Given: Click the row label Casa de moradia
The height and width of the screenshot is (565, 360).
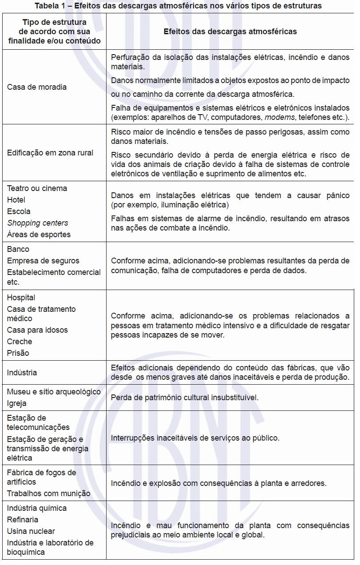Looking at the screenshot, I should (37, 87).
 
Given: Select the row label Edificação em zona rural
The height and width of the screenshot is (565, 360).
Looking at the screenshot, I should (50, 153).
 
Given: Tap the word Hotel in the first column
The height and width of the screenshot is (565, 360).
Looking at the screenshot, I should (16, 200).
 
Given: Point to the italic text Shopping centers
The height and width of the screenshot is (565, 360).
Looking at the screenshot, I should (38, 223).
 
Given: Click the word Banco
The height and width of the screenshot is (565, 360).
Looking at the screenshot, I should (18, 249).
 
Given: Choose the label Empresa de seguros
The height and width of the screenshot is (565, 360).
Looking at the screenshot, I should (43, 261).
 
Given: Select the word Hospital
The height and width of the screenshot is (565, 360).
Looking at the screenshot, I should (21, 298).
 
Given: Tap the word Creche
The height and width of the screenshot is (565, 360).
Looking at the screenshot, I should (20, 342).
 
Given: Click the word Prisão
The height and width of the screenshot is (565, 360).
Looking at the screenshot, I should (18, 353).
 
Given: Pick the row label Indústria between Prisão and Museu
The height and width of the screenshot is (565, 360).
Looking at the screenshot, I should (22, 373).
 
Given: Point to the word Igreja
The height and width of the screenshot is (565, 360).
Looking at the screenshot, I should (17, 403).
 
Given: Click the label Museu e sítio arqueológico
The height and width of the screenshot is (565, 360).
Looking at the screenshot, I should (54, 392).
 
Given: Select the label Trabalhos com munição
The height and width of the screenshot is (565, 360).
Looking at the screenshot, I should (49, 493).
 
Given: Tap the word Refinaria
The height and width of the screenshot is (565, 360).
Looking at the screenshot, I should (23, 520).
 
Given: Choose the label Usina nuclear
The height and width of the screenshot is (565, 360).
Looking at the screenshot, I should (31, 531).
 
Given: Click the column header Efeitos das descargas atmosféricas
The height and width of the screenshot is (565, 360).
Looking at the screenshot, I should (230, 32).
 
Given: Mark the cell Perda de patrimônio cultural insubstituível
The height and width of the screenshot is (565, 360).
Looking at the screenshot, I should (185, 398).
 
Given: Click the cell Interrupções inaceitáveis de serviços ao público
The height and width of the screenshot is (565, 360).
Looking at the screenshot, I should (195, 438).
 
